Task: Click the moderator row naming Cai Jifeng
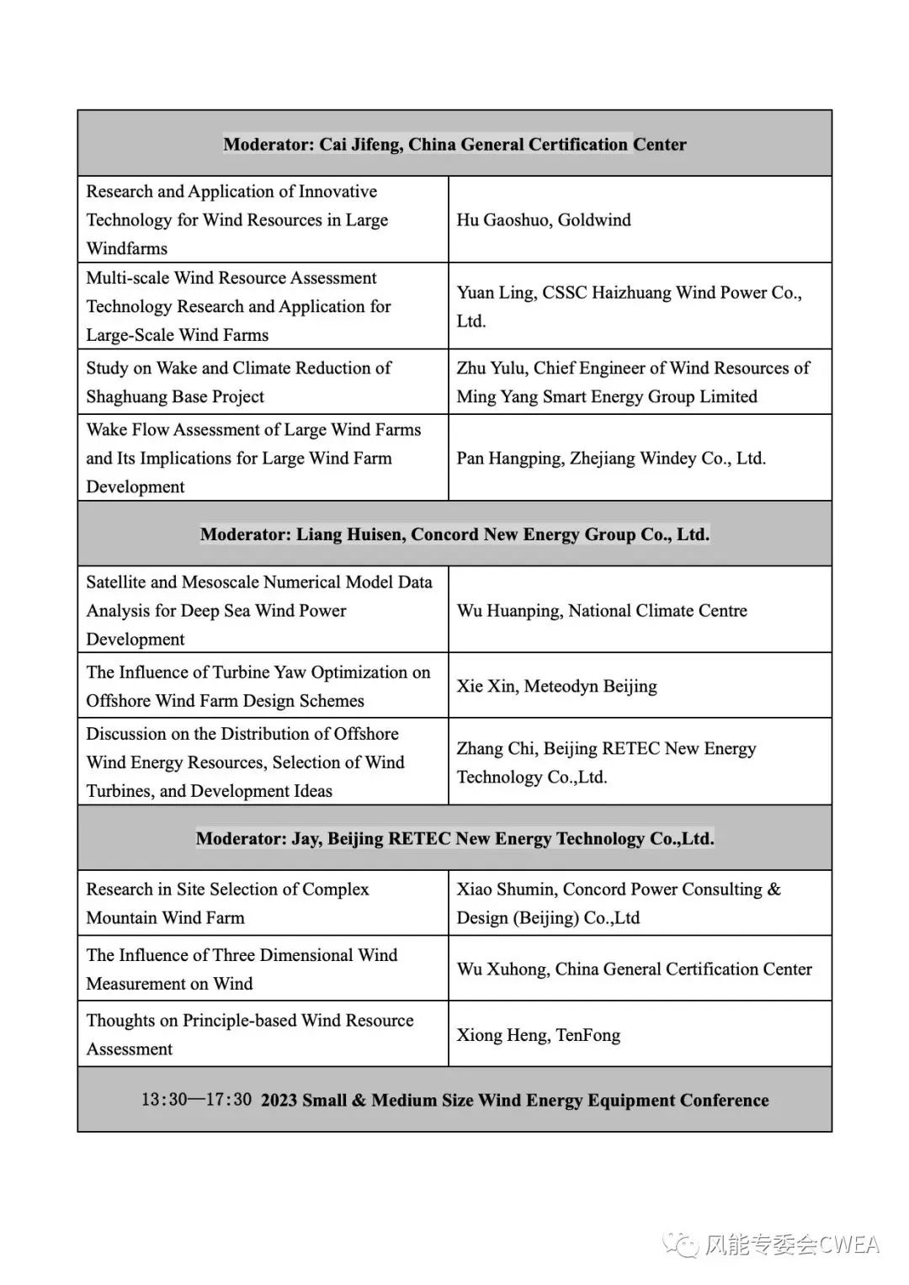click(x=454, y=144)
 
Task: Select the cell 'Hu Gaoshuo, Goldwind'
click(x=544, y=220)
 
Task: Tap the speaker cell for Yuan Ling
click(x=629, y=306)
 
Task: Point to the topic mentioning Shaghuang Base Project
click(x=238, y=382)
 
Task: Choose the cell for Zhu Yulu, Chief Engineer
click(x=633, y=382)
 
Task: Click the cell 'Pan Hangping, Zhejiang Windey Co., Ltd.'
click(x=611, y=459)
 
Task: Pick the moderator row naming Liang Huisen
click(x=454, y=534)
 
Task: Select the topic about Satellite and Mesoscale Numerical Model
click(x=259, y=610)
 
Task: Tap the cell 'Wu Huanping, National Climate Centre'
click(x=602, y=611)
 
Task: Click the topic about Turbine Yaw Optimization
click(x=258, y=686)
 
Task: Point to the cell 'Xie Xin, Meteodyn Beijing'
click(x=556, y=686)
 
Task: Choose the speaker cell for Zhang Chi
click(x=606, y=762)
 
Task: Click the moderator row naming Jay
click(x=454, y=838)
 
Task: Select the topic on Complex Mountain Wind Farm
click(x=227, y=903)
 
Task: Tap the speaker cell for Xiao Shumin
click(x=619, y=903)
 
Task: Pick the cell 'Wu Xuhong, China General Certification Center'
click(x=634, y=969)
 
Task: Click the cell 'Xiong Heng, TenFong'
click(x=539, y=1035)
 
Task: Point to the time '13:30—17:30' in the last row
click(x=196, y=1100)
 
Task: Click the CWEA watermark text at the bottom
click(x=791, y=1245)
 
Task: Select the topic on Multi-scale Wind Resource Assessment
click(x=238, y=306)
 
